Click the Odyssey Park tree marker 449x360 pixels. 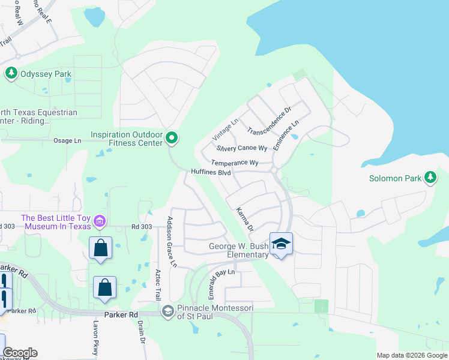point(11,74)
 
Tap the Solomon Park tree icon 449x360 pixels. point(430,177)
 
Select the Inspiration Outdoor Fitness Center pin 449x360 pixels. point(172,139)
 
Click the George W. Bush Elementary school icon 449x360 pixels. point(281,244)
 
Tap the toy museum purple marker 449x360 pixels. point(100,222)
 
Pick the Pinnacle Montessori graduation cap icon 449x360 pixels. point(168,310)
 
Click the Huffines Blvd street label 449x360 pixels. point(211,172)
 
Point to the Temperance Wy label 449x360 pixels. point(234,163)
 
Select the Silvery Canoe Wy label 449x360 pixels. point(242,148)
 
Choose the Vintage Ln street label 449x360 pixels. point(225,129)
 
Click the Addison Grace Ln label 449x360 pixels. point(173,241)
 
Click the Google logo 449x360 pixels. point(20,353)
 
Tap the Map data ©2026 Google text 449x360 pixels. point(411,355)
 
